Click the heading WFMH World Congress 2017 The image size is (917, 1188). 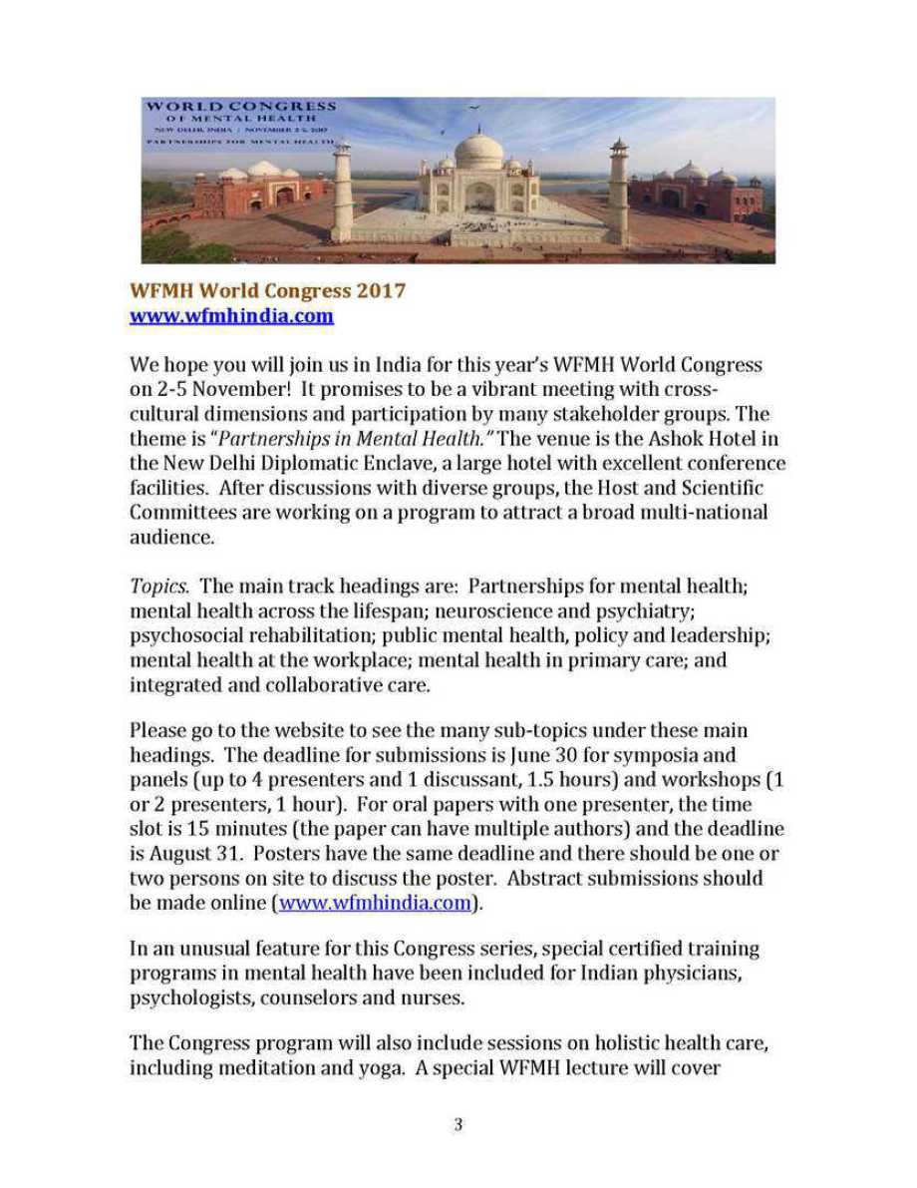tap(268, 291)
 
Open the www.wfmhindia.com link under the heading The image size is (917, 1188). tap(231, 316)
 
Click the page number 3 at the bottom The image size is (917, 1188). tap(458, 1124)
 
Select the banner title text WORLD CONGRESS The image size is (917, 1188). tap(240, 106)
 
